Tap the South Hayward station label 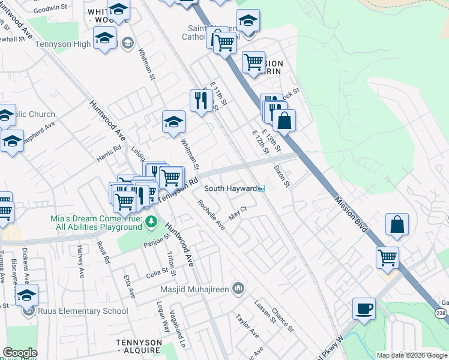click(231, 188)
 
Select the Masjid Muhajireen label click(195, 289)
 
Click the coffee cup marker click(364, 309)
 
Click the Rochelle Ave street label click(212, 215)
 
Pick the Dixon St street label click(282, 176)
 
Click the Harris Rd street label click(109, 155)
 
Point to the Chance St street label click(282, 319)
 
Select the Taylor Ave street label click(247, 326)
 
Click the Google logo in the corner click(20, 353)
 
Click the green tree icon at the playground click(152, 223)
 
